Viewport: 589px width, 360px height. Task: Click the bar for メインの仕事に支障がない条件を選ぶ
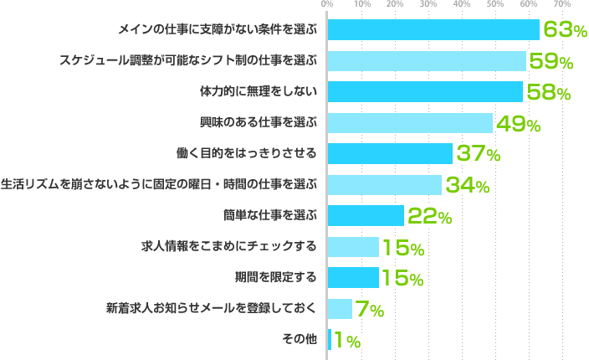coord(433,29)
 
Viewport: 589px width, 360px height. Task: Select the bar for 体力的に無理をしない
coord(425,91)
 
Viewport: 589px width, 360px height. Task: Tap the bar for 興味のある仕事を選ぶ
coord(410,123)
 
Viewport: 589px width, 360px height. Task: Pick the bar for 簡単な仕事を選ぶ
coord(366,216)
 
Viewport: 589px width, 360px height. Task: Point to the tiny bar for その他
coord(330,340)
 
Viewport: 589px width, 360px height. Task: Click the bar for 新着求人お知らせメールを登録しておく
coord(340,309)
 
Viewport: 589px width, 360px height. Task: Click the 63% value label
coord(565,30)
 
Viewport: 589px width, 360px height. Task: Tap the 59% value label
coord(551,61)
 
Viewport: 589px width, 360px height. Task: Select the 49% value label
coord(518,124)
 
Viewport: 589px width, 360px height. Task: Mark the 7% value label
coord(370,310)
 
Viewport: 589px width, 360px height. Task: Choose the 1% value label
coord(347,341)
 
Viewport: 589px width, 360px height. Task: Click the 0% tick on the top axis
coord(327,5)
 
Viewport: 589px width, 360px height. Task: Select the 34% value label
coord(467,186)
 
